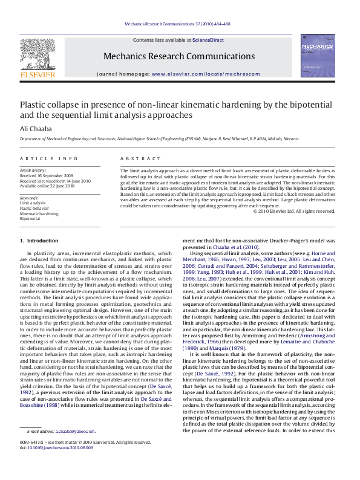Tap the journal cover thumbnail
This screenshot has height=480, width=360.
(318, 55)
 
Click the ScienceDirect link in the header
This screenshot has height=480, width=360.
(208, 40)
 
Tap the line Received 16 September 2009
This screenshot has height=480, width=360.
(47, 175)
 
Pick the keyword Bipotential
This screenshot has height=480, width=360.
(30, 218)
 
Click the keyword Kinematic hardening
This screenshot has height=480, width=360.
(39, 213)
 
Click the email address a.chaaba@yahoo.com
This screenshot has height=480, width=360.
(75, 448)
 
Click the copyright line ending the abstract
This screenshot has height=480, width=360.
(293, 211)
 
